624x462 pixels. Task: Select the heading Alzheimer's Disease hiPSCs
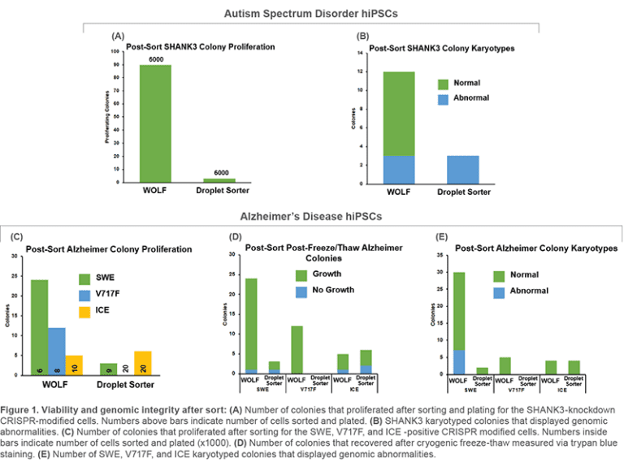[x=310, y=217]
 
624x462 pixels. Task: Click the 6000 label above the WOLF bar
[x=155, y=59]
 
